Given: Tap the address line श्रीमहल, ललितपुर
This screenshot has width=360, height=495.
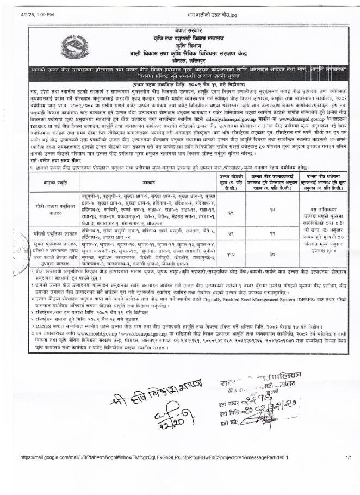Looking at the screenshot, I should [x=181, y=63].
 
